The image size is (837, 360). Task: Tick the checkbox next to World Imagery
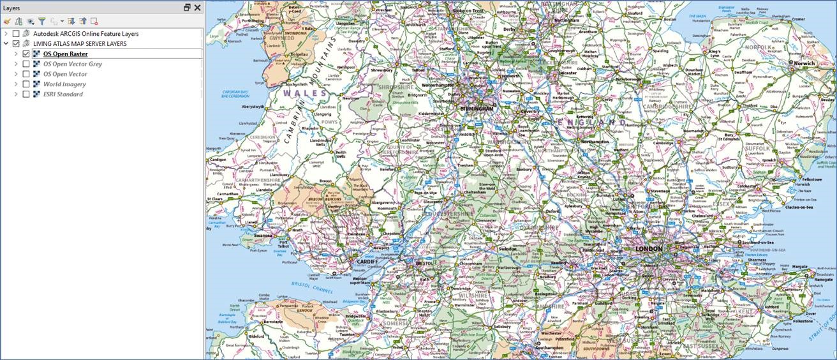[26, 84]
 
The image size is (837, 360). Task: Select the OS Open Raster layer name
[65, 54]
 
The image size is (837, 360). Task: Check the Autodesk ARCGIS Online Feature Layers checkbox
[16, 33]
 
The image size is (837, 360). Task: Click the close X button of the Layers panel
[198, 8]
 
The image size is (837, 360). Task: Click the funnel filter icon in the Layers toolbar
[41, 21]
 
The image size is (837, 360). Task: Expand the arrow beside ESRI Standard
[16, 94]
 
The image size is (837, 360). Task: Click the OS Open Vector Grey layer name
[72, 64]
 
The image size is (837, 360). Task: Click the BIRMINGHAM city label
[477, 109]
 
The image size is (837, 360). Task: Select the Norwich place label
[804, 64]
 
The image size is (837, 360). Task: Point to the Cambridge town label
[663, 143]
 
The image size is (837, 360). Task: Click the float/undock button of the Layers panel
[187, 8]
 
